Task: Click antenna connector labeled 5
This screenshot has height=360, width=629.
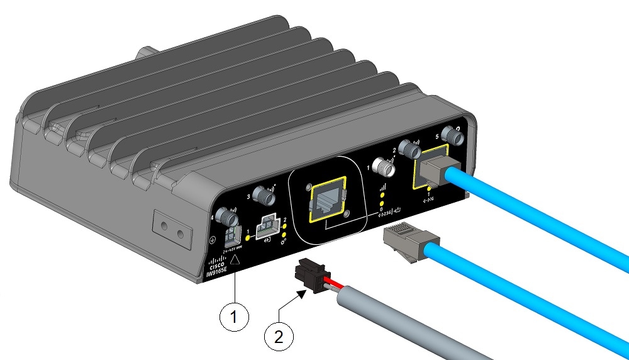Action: click(450, 133)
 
